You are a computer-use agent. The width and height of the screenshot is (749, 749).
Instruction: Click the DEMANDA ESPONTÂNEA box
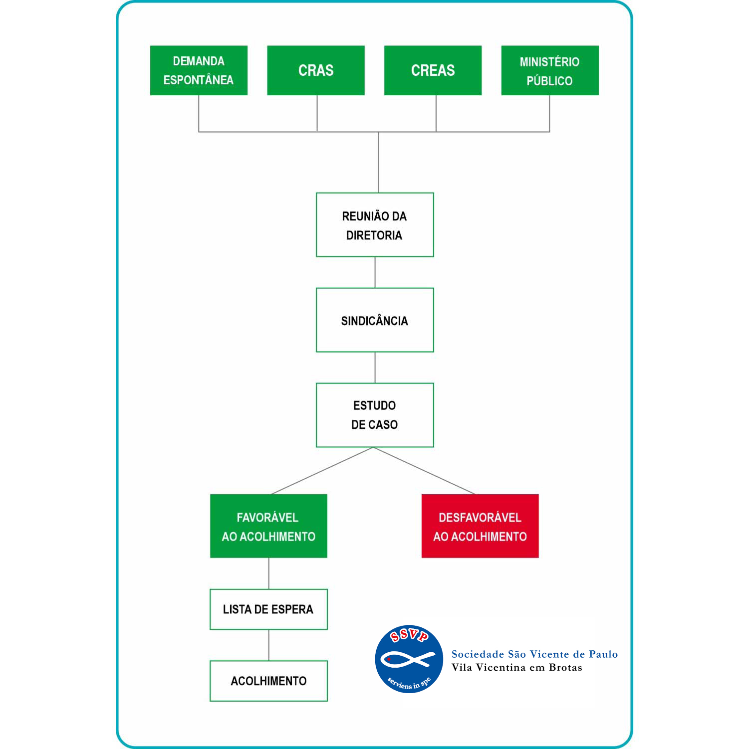pyautogui.click(x=199, y=70)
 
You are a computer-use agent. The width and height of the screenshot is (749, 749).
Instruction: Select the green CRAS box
pyautogui.click(x=316, y=70)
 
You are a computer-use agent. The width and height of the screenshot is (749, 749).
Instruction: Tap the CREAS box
pyautogui.click(x=433, y=70)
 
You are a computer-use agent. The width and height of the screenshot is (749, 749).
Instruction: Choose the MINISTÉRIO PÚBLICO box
pyautogui.click(x=550, y=70)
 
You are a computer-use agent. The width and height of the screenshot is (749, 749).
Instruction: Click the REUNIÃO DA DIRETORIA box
pyautogui.click(x=375, y=225)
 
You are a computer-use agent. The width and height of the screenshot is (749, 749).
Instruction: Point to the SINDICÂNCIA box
pyautogui.click(x=375, y=320)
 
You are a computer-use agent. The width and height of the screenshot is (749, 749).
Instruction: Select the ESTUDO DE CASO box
pyautogui.click(x=375, y=415)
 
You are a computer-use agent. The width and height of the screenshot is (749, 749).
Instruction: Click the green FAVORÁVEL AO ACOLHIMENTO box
pyautogui.click(x=268, y=526)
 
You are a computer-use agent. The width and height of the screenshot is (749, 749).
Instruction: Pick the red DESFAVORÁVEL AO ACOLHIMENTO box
pyautogui.click(x=480, y=526)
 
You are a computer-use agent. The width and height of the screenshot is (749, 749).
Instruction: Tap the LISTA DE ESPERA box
pyautogui.click(x=268, y=609)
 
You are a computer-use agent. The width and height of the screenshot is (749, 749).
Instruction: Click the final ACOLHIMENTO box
pyautogui.click(x=268, y=681)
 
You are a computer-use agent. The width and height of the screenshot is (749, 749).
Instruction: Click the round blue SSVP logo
pyautogui.click(x=409, y=659)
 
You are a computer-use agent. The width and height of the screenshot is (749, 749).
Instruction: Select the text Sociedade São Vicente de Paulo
pyautogui.click(x=534, y=654)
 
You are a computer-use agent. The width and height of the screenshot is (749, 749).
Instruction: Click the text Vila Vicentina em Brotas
pyautogui.click(x=517, y=667)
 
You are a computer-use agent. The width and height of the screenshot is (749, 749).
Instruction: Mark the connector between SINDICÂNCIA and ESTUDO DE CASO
pyautogui.click(x=375, y=368)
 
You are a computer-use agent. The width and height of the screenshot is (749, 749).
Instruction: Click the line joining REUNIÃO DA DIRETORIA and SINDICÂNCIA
pyautogui.click(x=375, y=272)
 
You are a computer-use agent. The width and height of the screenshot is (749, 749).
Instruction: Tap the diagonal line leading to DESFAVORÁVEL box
pyautogui.click(x=424, y=471)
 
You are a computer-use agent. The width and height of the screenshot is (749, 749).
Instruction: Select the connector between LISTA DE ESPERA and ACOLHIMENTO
pyautogui.click(x=268, y=645)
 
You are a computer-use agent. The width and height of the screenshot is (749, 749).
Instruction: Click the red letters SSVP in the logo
pyautogui.click(x=409, y=636)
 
